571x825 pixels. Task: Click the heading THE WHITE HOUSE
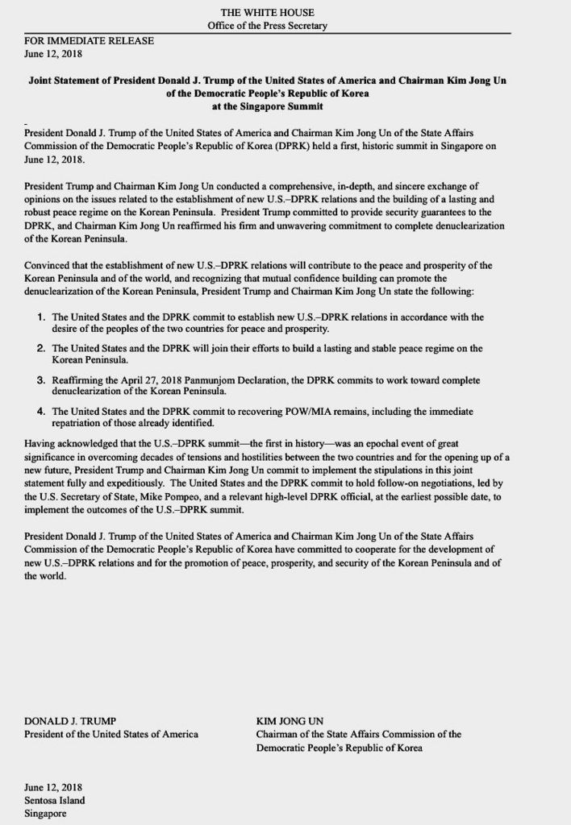coord(267,14)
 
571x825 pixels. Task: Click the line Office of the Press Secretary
coord(267,26)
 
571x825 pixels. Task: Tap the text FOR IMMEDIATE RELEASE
coord(77,40)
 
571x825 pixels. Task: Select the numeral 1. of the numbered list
coord(40,317)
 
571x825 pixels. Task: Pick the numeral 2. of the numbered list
coord(40,348)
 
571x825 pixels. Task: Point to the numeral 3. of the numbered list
coord(40,379)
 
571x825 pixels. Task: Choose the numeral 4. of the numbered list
coord(40,411)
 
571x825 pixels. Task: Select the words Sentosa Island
coord(54,800)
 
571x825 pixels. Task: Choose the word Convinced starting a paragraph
coord(49,263)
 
